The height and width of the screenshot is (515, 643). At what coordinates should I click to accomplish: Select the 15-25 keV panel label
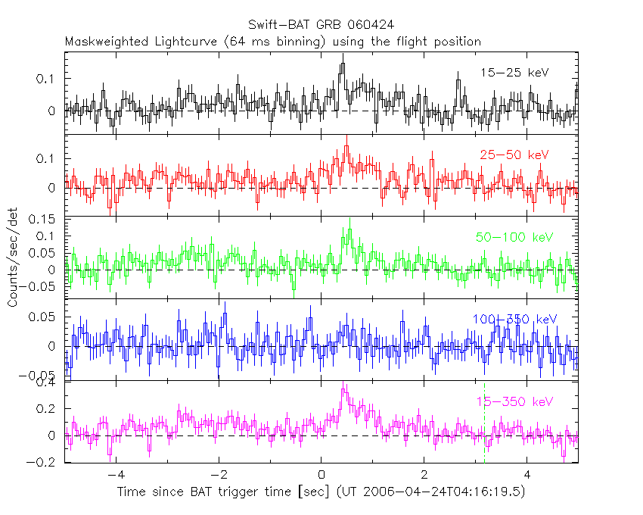tap(514, 73)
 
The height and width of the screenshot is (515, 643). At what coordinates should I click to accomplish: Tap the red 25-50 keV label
tap(514, 154)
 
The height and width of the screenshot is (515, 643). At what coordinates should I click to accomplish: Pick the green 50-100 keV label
tap(514, 237)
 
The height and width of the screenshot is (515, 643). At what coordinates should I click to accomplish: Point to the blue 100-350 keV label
tap(514, 319)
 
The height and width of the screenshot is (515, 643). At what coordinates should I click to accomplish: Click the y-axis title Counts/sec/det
tap(12, 259)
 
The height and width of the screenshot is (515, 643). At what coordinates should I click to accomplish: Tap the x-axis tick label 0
tap(321, 477)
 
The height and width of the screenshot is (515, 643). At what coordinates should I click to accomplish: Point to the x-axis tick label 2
tap(424, 477)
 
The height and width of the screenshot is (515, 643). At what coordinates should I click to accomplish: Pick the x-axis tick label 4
tap(527, 477)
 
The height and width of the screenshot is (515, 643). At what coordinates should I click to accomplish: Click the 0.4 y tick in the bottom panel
tap(48, 382)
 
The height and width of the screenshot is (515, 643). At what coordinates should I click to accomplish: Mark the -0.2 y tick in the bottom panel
tap(43, 462)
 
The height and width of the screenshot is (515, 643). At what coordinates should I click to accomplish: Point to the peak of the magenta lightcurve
tap(343, 389)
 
